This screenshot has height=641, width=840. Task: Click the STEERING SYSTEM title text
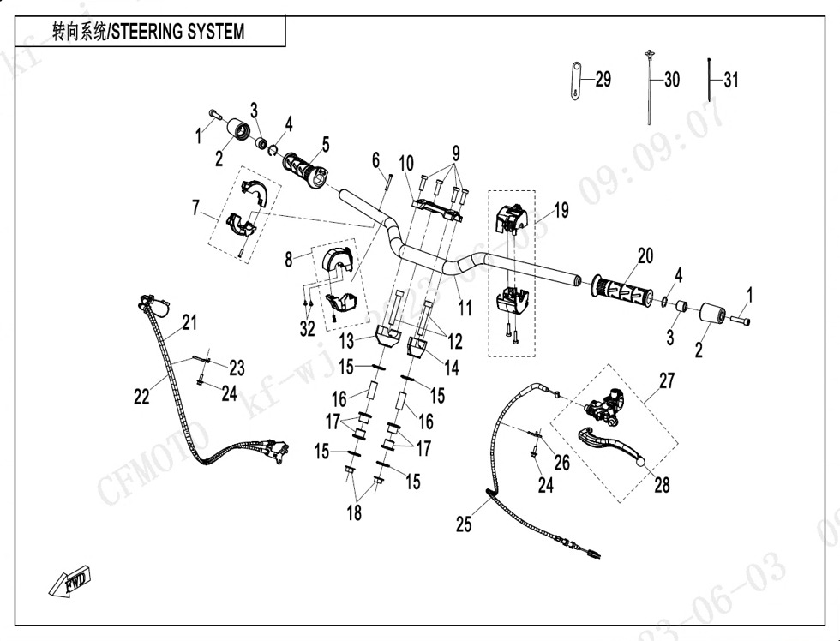(147, 32)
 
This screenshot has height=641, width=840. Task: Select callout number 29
(603, 80)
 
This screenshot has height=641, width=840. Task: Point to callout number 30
(671, 80)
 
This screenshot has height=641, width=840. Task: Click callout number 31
(729, 81)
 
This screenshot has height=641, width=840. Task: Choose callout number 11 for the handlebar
(464, 304)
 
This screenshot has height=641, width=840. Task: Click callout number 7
(196, 208)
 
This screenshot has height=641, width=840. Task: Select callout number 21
(189, 323)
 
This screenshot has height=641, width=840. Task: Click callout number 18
(354, 512)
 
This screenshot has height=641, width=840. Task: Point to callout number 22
(141, 396)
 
